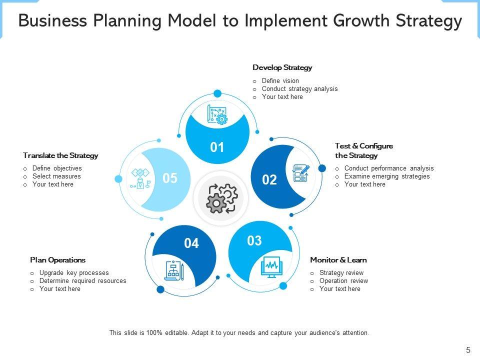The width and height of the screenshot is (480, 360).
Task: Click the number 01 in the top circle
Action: coord(217,147)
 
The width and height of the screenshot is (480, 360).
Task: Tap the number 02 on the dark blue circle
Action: coord(269,180)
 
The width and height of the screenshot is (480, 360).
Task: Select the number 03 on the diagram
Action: coord(254,241)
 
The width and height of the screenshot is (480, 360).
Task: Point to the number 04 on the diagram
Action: coord(191,243)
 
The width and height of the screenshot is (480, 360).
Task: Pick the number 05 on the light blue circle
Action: coord(170,178)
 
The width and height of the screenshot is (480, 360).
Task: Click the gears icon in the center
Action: coord(217,198)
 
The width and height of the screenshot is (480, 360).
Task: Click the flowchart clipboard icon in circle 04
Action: coord(175,270)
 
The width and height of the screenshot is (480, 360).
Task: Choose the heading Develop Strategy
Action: coord(282,67)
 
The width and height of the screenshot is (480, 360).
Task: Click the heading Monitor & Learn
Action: coord(338,260)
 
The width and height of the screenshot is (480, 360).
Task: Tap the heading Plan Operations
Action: coord(57,260)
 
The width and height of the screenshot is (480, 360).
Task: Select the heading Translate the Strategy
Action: coord(60,155)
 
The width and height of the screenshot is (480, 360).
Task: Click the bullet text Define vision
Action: coord(280,81)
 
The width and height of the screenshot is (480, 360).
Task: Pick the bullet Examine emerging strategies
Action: coord(386,176)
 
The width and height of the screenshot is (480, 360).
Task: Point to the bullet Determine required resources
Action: coord(82,281)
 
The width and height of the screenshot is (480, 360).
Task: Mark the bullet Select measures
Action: coord(56,176)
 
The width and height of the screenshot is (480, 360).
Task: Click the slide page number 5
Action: coord(468,350)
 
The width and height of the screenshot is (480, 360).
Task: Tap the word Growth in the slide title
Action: coord(364,21)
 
